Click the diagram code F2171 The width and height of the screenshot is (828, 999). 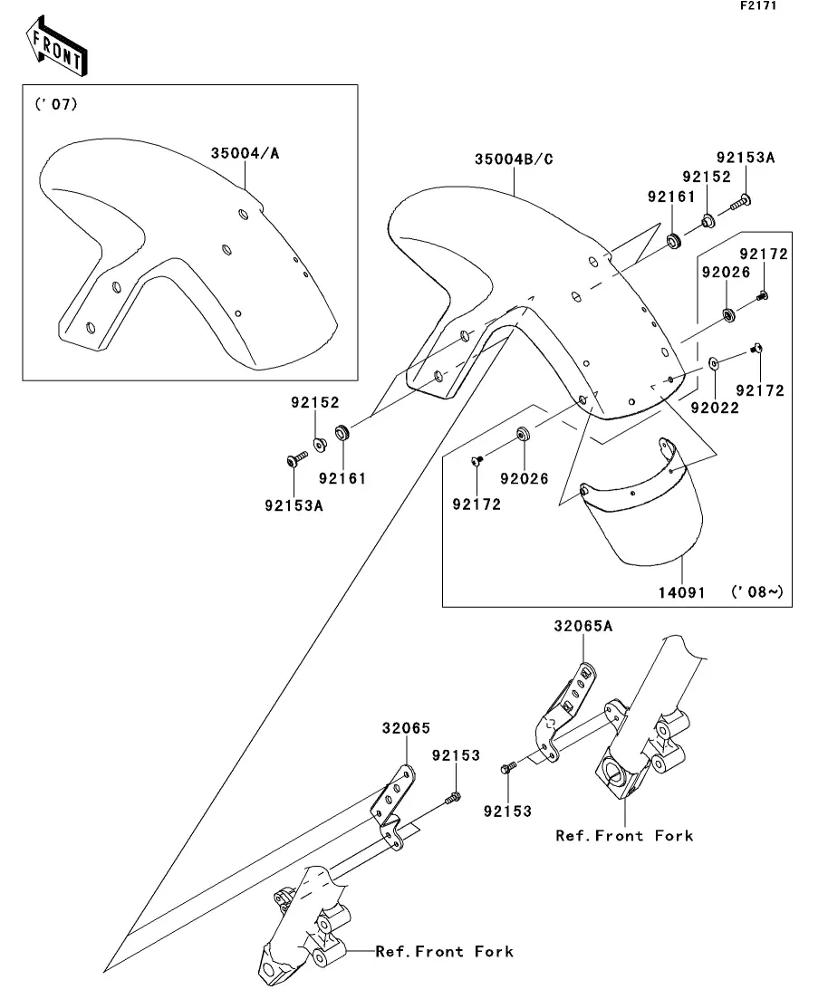coord(758,5)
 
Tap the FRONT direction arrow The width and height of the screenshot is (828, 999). coord(56,46)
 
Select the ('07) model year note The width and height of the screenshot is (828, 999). coord(56,103)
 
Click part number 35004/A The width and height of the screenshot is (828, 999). coord(245,153)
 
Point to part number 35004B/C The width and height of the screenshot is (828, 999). coord(514,158)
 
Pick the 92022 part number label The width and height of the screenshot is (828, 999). coord(715,408)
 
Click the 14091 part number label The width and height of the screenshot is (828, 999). coord(681,592)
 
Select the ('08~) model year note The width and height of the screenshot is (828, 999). coord(757,591)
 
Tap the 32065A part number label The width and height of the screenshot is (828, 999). coord(582,626)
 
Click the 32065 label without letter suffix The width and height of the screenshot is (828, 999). coord(406,727)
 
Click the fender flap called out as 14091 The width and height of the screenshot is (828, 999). coord(642,502)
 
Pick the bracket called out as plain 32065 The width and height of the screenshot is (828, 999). coord(392,808)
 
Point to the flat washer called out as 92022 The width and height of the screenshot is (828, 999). coord(713,363)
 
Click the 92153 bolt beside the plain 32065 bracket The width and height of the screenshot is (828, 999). coord(453,796)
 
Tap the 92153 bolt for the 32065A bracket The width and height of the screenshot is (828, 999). coord(508,768)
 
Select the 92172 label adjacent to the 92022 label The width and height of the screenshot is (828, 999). coord(760,390)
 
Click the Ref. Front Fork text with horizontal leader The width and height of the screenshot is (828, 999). coord(444,951)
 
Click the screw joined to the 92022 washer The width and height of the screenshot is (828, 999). coord(756,348)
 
